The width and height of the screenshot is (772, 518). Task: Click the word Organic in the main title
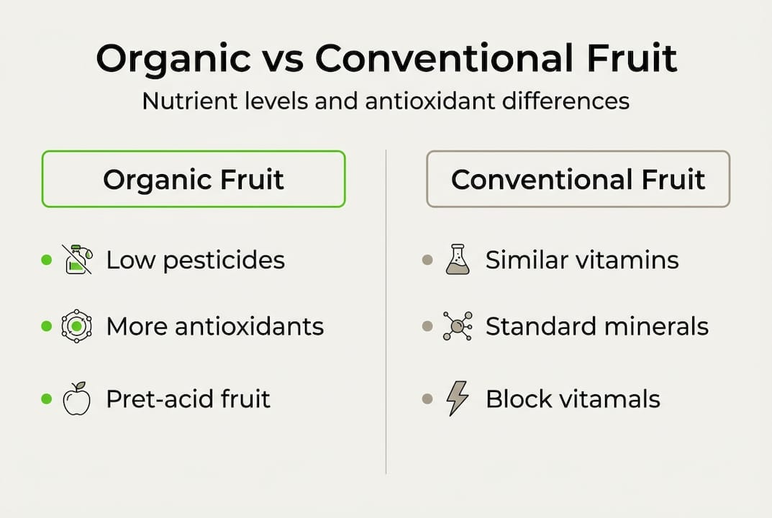(172, 59)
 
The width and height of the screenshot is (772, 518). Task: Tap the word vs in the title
(278, 59)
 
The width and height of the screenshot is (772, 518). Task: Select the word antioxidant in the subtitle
(430, 101)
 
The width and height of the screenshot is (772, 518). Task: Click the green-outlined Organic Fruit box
(194, 179)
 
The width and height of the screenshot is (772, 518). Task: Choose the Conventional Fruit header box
(578, 179)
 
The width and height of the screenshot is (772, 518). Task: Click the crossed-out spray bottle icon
(77, 260)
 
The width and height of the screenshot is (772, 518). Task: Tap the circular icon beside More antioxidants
(76, 327)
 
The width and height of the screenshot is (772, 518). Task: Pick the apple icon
(77, 399)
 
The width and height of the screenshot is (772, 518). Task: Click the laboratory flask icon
(457, 260)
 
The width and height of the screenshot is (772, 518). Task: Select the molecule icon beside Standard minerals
(458, 327)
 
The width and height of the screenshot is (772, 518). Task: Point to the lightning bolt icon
(458, 399)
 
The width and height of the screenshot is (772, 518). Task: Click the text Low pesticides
(195, 260)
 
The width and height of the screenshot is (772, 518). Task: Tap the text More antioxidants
(214, 327)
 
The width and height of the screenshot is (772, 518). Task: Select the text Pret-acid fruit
(188, 399)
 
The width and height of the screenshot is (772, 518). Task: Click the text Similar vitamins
(581, 260)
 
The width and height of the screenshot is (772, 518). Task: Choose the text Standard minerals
(596, 327)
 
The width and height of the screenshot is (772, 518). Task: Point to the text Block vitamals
(573, 399)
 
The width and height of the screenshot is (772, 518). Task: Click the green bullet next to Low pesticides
(47, 260)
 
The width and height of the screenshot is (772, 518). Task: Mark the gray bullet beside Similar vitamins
(427, 260)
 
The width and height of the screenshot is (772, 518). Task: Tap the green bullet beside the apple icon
(47, 399)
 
